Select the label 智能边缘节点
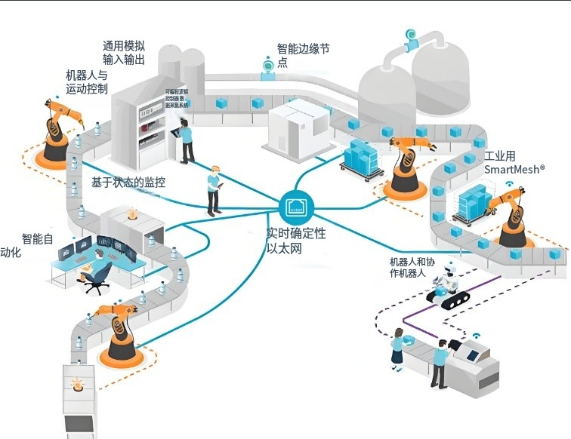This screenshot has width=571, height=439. (x=303, y=55)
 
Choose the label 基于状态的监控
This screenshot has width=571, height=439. (x=128, y=183)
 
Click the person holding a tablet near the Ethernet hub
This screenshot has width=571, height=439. (x=214, y=188)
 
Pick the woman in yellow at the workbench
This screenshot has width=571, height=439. (x=398, y=347)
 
